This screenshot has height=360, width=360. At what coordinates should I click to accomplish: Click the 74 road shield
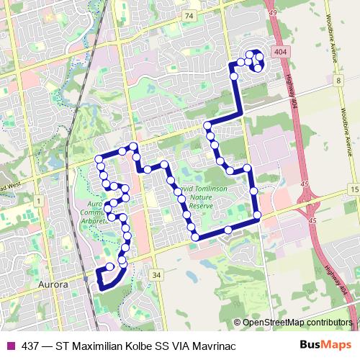(x=189, y=15)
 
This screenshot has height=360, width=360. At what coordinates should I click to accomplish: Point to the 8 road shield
(x=337, y=81)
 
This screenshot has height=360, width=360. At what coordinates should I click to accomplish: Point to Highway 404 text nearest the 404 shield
(x=293, y=90)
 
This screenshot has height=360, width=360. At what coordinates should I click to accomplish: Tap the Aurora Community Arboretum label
(x=94, y=209)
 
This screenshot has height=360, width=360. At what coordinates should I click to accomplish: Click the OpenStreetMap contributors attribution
(x=297, y=323)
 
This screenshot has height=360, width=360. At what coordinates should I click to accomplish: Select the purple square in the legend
(x=9, y=346)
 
